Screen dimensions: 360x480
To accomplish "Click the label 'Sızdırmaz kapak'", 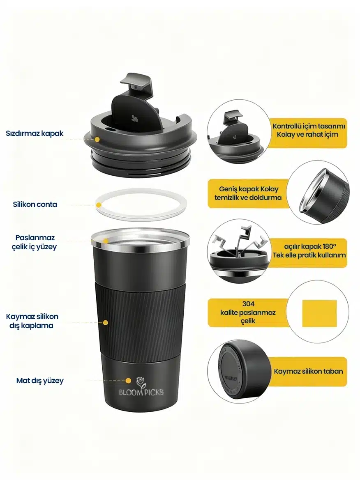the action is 35,133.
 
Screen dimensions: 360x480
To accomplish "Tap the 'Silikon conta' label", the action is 35,204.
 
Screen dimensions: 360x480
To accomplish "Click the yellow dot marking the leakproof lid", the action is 97,139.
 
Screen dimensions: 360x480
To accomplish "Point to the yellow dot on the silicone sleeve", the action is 105,323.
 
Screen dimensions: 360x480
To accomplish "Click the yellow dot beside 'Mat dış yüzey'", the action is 129,381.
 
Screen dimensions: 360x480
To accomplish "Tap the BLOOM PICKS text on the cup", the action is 141,392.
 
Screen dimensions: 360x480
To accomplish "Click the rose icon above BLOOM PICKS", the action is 141,382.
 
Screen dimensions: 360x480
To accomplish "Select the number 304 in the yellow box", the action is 248,304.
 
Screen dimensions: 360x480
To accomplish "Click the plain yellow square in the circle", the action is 319,313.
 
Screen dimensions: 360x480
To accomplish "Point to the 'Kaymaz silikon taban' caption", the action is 308,371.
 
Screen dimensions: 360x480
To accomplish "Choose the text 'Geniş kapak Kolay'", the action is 249,189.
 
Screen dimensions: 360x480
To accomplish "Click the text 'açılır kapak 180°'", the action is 310,246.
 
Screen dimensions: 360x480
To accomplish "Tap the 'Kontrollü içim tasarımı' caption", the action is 309,126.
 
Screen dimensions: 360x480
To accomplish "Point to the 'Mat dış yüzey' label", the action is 40,381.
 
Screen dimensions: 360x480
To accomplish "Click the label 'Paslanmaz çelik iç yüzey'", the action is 34,242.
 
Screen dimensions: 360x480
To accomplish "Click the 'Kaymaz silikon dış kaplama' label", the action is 32,321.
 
